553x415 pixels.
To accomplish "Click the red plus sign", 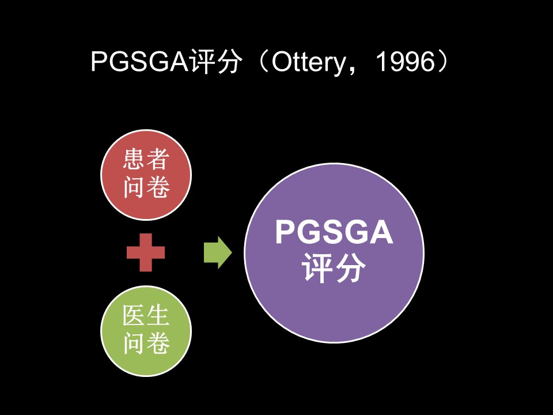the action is coord(146,252).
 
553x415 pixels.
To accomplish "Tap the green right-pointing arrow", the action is coord(218,252).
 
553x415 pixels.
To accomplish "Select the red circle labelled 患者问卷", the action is coord(146,175).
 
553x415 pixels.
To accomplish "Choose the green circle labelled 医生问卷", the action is coord(146,331).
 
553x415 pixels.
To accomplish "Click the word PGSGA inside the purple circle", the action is coord(334,232).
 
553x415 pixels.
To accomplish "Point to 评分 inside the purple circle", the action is coord(334,267).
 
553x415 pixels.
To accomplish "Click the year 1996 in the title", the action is coord(406,62).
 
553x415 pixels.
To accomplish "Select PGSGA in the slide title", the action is coord(141,62).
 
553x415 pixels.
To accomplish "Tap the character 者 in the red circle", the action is coord(158,159).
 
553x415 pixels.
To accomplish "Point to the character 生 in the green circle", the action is coord(158,315).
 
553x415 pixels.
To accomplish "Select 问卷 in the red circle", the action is coord(146,186).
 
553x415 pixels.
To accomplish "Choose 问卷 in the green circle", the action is coord(146,342).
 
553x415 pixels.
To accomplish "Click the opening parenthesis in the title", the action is coord(263,62).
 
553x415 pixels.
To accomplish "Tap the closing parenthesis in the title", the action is coord(443,62).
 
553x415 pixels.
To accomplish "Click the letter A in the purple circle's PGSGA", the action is coord(381,232).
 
